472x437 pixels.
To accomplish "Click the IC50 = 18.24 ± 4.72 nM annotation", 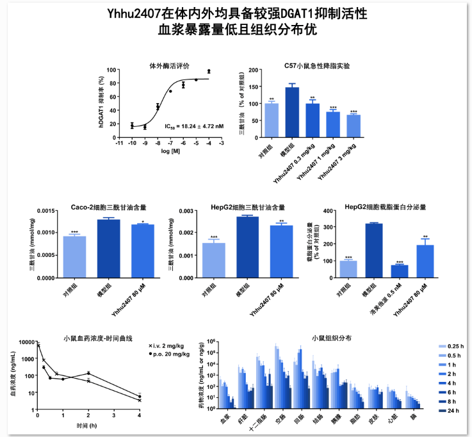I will tap(194, 127).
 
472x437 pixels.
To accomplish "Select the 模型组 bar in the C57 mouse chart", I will tap(292, 112).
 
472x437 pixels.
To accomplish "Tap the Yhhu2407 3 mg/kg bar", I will tap(354, 126).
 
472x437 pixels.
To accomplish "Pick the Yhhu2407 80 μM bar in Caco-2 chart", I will tap(142, 251).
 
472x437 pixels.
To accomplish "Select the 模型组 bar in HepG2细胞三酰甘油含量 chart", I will tap(247, 247).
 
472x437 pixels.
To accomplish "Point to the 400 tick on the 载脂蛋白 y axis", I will tap(327, 211).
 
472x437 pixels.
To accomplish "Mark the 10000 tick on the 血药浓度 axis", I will tap(28, 343).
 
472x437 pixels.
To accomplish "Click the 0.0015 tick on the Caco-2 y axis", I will tap(47, 211).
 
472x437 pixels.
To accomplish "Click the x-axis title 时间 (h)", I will tap(87, 425).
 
